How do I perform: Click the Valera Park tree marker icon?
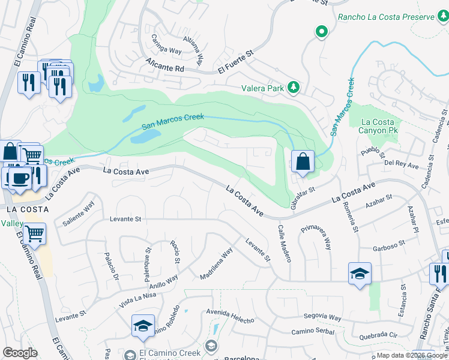(x=294, y=88)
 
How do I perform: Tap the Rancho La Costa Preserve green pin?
(x=322, y=32)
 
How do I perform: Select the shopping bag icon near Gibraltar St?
(x=303, y=161)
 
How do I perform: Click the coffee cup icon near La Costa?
(x=20, y=178)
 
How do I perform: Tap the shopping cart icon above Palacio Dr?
(x=35, y=233)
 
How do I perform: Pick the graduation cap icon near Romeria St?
(x=360, y=274)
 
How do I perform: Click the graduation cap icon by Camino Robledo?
(x=143, y=326)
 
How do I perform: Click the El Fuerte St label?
(x=237, y=62)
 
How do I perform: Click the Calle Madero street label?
(x=284, y=243)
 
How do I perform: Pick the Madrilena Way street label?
(x=216, y=265)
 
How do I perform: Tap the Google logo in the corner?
(x=20, y=353)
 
